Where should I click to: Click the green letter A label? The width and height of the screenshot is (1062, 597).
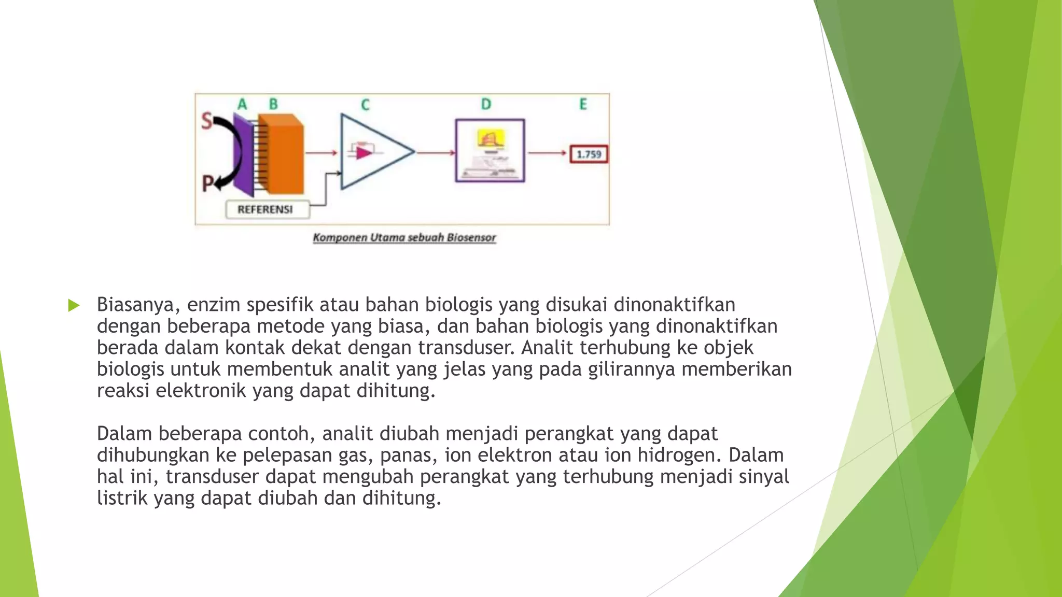pyautogui.click(x=242, y=105)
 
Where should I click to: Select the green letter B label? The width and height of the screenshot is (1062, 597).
pyautogui.click(x=273, y=105)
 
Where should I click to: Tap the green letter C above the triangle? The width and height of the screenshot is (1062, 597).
pyautogui.click(x=365, y=105)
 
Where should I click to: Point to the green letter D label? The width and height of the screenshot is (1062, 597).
pyautogui.click(x=486, y=105)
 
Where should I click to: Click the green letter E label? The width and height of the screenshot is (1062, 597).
pyautogui.click(x=583, y=105)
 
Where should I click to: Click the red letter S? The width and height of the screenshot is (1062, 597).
pyautogui.click(x=207, y=121)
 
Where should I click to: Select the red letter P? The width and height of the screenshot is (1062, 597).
pyautogui.click(x=207, y=183)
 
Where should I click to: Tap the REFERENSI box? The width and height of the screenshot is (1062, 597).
pyautogui.click(x=265, y=209)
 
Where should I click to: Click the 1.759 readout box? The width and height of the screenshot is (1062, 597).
pyautogui.click(x=589, y=154)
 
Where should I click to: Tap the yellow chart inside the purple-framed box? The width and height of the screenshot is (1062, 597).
pyautogui.click(x=491, y=138)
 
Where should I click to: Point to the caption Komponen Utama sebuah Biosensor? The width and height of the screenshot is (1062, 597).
pyautogui.click(x=404, y=238)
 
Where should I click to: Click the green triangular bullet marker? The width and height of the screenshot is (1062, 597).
pyautogui.click(x=74, y=305)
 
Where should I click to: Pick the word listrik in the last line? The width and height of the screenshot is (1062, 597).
pyautogui.click(x=122, y=498)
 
